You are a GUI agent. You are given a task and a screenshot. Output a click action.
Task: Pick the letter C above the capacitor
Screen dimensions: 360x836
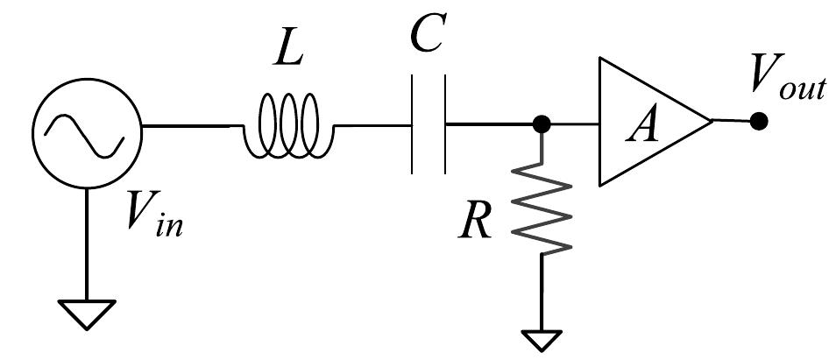(429, 38)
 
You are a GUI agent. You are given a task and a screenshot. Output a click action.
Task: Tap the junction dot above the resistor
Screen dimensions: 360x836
(542, 125)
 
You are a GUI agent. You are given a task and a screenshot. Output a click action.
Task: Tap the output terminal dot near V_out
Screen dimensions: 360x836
(760, 121)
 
